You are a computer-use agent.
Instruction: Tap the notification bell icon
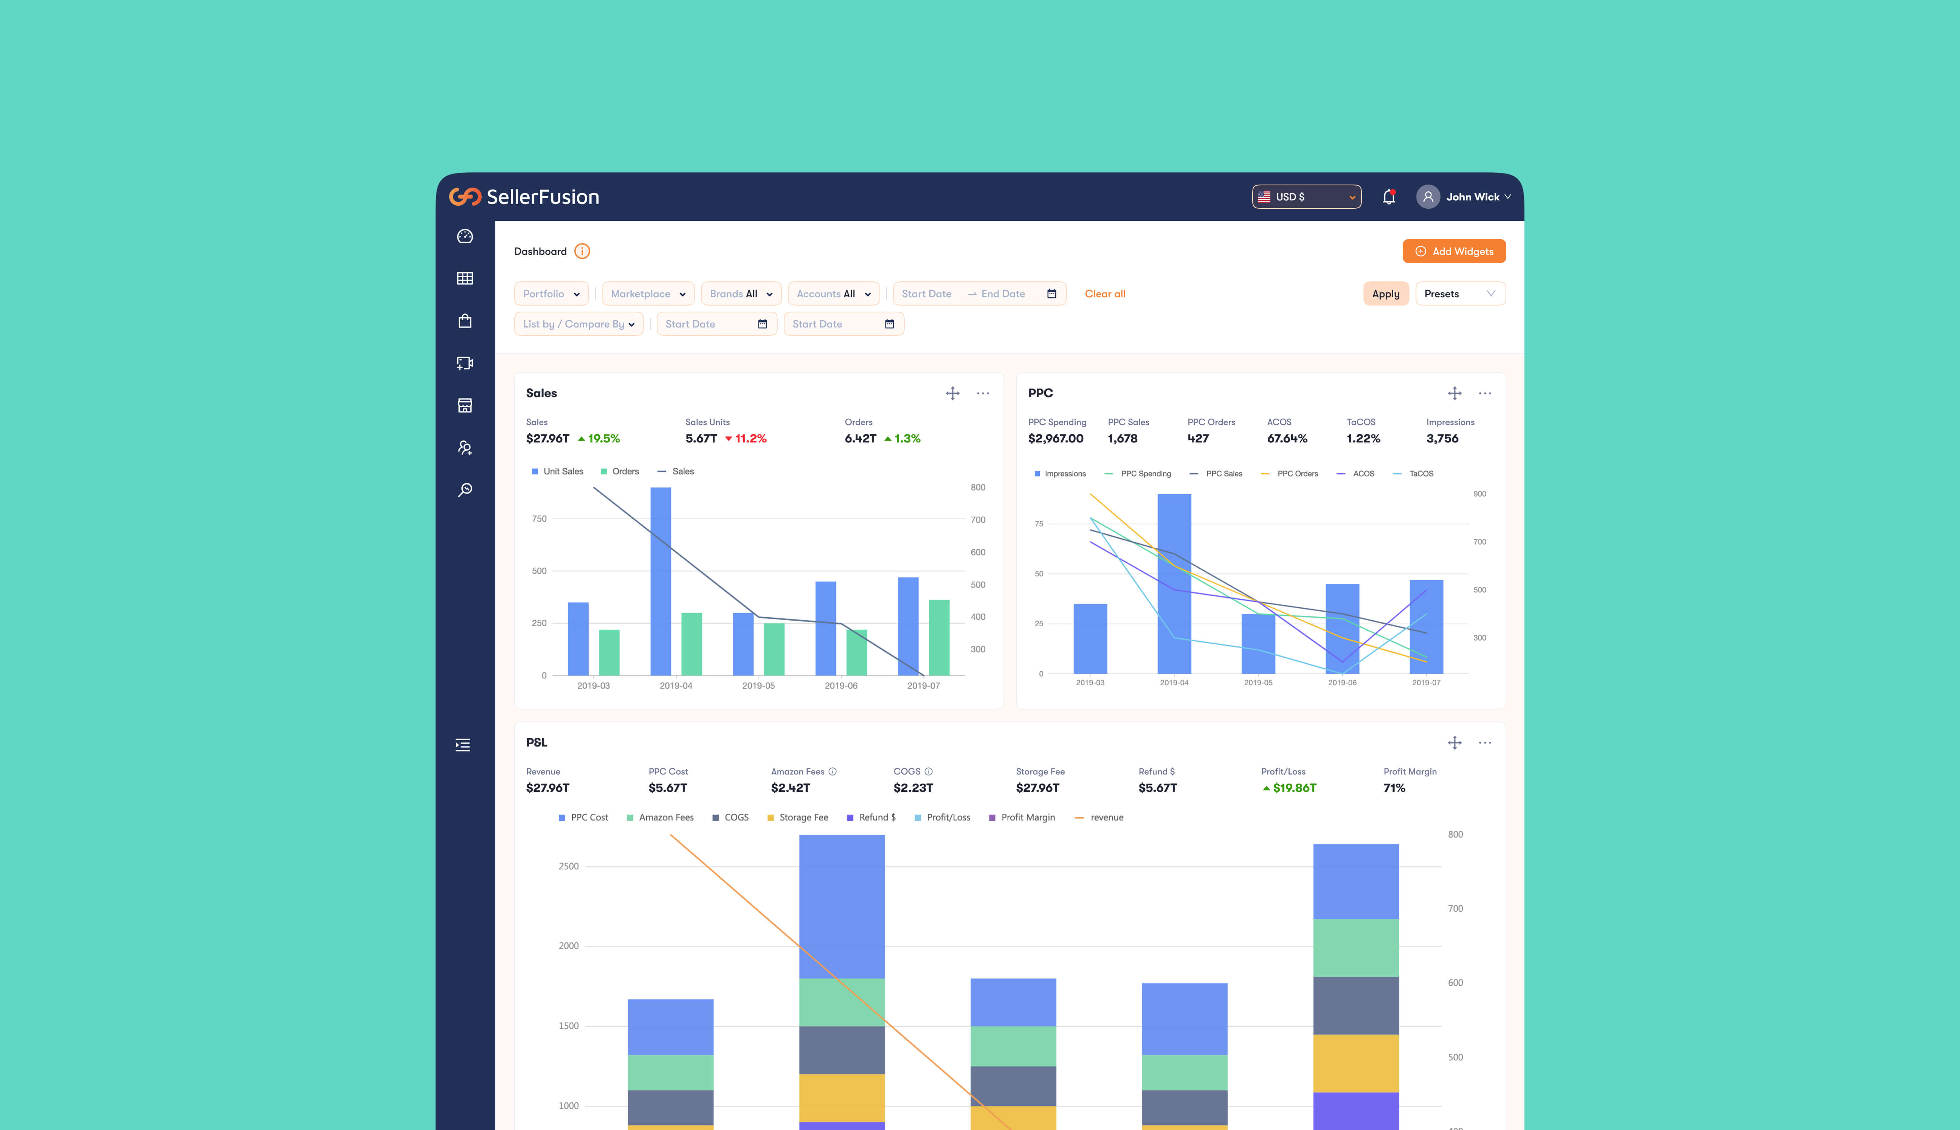tap(1389, 197)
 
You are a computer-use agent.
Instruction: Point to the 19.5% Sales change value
tap(603, 438)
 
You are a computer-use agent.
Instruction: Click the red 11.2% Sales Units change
tap(749, 438)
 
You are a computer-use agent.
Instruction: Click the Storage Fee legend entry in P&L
tap(802, 817)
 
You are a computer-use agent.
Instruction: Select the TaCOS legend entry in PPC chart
tap(1420, 473)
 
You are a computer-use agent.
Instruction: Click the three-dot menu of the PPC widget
tap(1484, 393)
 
